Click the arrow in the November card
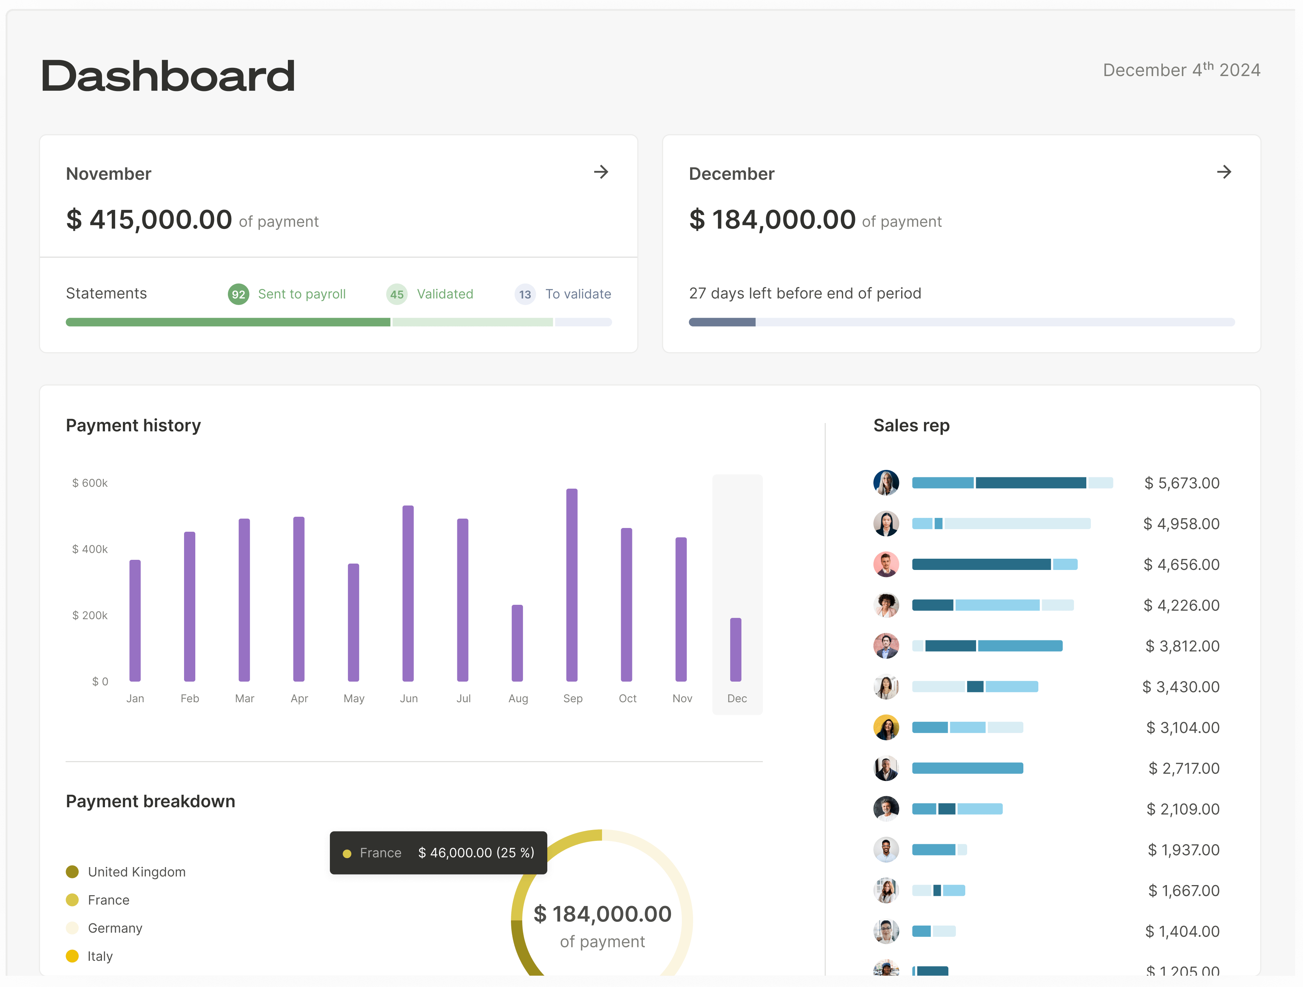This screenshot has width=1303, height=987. coord(601,172)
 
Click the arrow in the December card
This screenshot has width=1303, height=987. coord(1224,172)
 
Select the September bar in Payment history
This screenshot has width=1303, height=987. coord(571,585)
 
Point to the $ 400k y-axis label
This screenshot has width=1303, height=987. coord(90,549)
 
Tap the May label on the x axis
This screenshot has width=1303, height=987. coord(353,698)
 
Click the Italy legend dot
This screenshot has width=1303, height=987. coord(72,956)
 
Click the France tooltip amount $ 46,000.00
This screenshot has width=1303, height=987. coord(455,853)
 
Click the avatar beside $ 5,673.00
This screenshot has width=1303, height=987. coord(885,483)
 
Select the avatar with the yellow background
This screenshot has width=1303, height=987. coord(885,727)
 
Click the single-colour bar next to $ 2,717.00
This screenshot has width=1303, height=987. coord(967,768)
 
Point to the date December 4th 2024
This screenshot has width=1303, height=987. coord(1181,70)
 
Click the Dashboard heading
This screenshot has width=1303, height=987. coord(168,76)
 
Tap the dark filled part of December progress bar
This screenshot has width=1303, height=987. coord(722,322)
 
